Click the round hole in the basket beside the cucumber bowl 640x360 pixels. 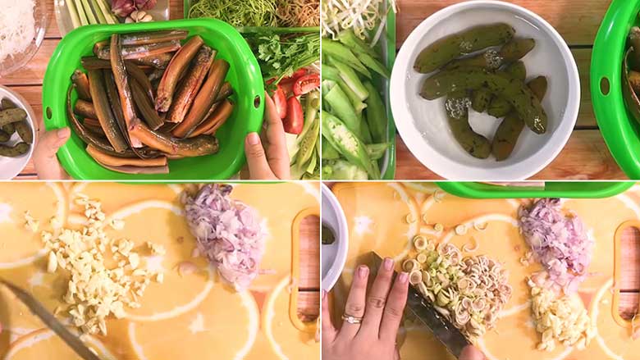605,86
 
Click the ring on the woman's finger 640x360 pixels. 352,319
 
